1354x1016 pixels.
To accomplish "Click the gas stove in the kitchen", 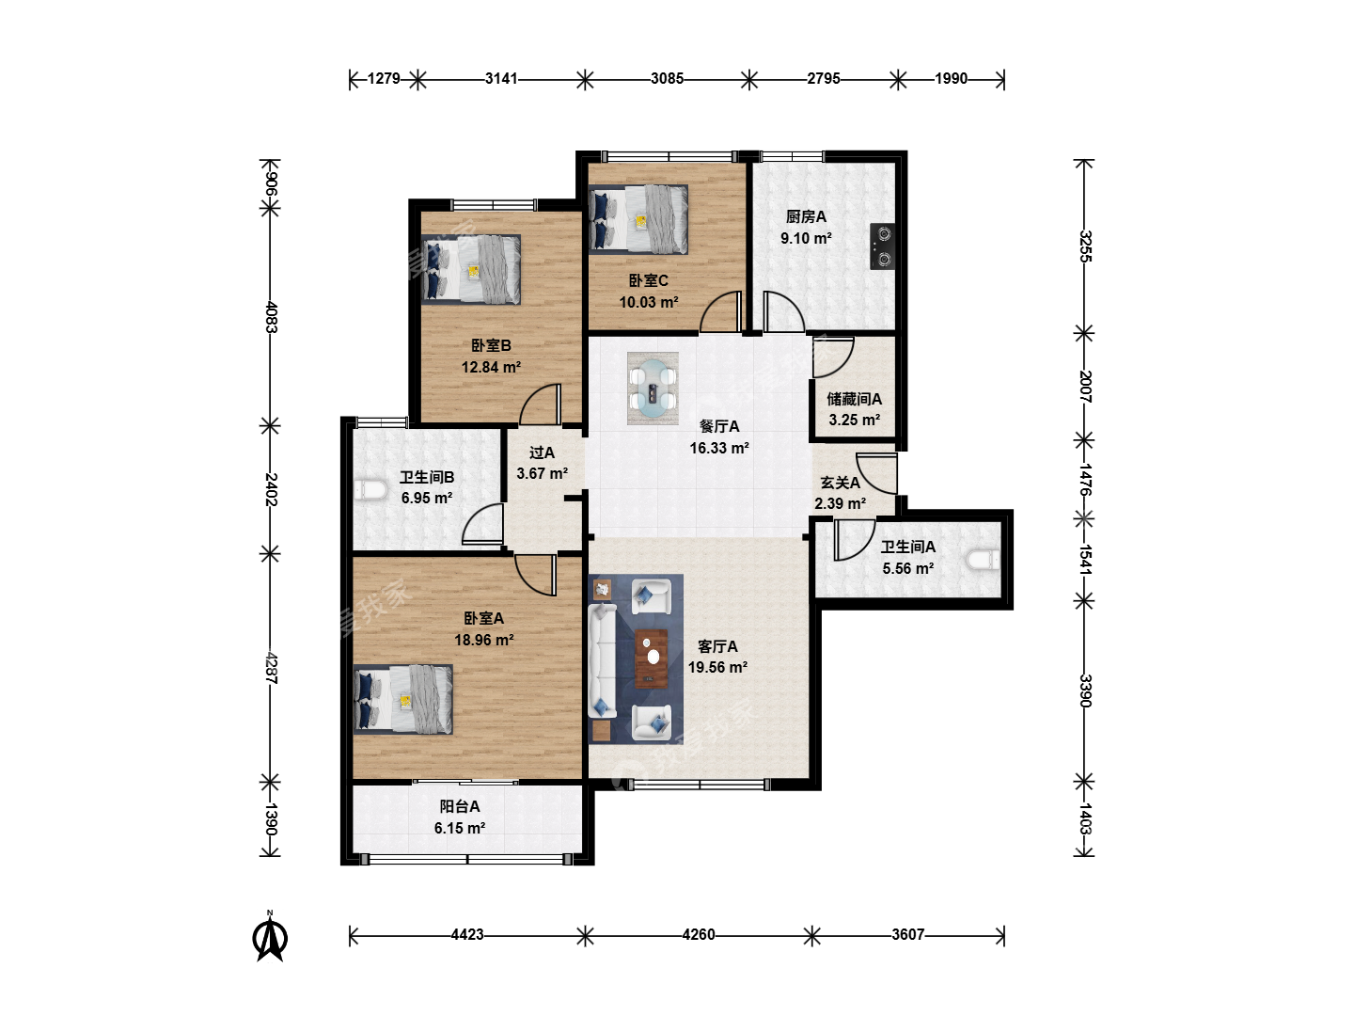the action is pyautogui.click(x=882, y=246).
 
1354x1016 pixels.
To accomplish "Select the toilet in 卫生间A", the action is pyautogui.click(x=983, y=560).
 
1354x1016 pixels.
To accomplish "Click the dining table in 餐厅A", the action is pyautogui.click(x=653, y=388).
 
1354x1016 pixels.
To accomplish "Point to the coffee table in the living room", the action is pyautogui.click(x=652, y=659).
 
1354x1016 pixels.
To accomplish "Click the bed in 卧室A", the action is pyautogui.click(x=403, y=700).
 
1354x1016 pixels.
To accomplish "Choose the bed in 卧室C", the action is pyautogui.click(x=638, y=219).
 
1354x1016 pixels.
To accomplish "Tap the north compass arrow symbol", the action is pyautogui.click(x=270, y=938).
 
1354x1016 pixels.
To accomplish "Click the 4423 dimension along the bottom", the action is pyautogui.click(x=467, y=934).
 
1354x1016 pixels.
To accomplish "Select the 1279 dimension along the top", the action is pyautogui.click(x=384, y=78).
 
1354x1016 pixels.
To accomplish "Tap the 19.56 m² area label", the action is pyautogui.click(x=718, y=668).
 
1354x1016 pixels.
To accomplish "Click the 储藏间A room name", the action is pyautogui.click(x=855, y=399).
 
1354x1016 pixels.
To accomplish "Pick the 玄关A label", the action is pyautogui.click(x=841, y=483).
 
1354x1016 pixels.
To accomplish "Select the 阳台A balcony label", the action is pyautogui.click(x=460, y=806).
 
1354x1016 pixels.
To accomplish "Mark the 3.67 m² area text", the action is pyautogui.click(x=543, y=474).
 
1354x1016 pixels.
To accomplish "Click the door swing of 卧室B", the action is pyautogui.click(x=541, y=405).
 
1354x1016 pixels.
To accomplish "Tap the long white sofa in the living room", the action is pyautogui.click(x=602, y=660).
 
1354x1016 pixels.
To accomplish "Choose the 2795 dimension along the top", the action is pyautogui.click(x=824, y=78).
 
